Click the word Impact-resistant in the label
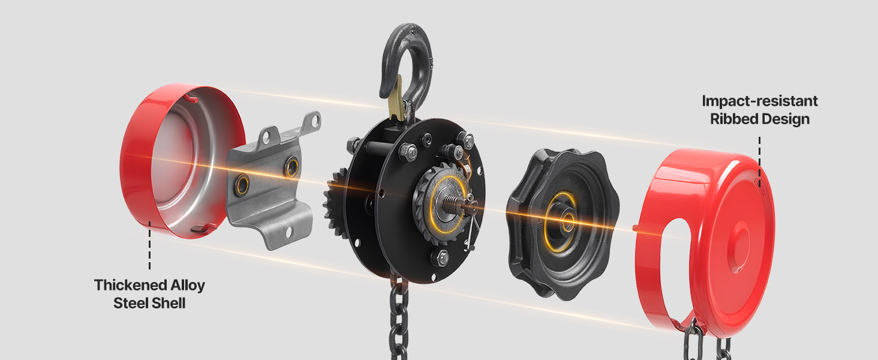coord(760,101)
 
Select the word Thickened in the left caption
coord(124,285)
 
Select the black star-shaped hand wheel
coord(563,224)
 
